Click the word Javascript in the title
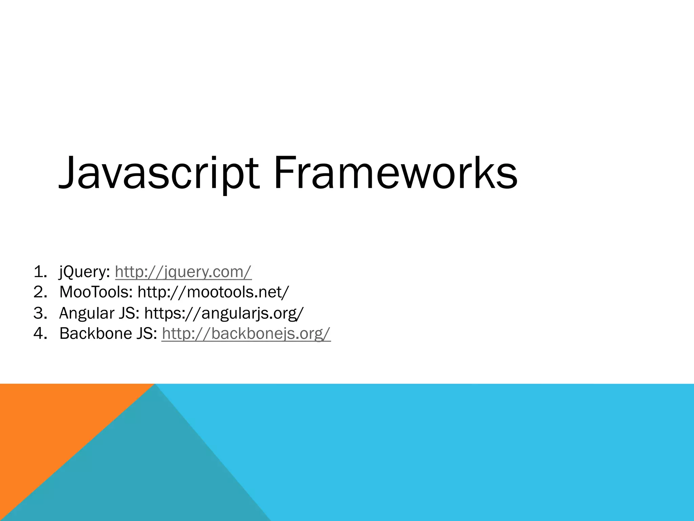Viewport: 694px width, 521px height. pos(159,173)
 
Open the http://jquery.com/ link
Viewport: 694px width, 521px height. pos(183,272)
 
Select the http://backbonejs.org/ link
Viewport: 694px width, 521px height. pos(246,333)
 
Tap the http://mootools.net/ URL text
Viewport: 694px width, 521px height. pos(213,292)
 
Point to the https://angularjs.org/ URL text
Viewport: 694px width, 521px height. pos(224,313)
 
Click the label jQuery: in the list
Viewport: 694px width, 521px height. pos(84,272)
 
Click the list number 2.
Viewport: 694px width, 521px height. pos(40,292)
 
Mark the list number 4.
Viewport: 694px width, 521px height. pos(40,334)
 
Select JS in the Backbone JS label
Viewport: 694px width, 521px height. pos(146,333)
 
